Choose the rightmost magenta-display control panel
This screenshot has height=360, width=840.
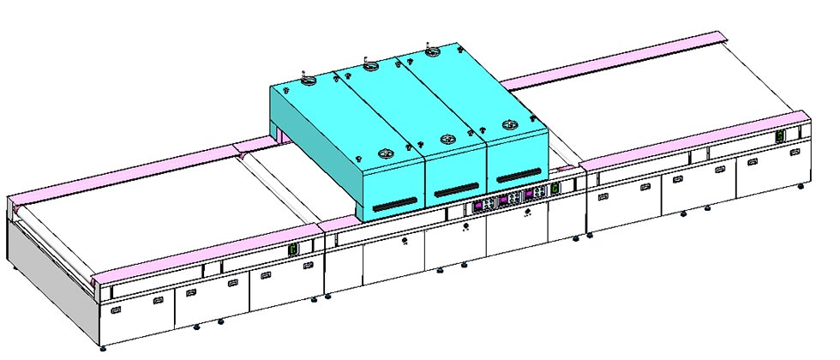click(x=535, y=192)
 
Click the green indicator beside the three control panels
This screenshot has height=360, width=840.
click(x=555, y=188)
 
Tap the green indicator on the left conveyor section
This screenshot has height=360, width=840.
click(x=292, y=249)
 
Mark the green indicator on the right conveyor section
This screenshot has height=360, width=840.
click(x=781, y=136)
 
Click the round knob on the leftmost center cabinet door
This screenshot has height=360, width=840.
click(x=405, y=243)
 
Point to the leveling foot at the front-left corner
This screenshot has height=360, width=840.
click(x=104, y=347)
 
